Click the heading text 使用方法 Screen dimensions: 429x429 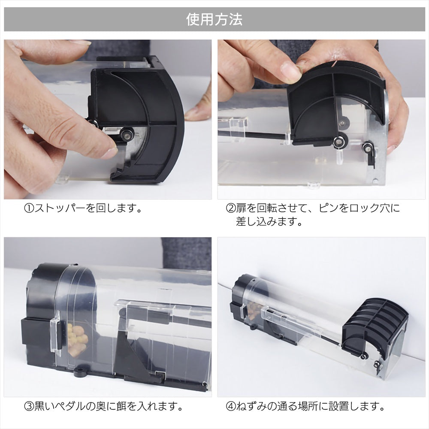tap(214, 19)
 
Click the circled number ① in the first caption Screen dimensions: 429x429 tap(29, 208)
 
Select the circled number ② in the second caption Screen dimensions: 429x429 tap(231, 208)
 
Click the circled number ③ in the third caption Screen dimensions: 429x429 tap(29, 406)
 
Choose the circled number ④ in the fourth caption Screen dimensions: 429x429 tap(231, 406)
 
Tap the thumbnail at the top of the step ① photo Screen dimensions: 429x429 tap(81, 42)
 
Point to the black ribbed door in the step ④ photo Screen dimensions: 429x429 tap(375, 328)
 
